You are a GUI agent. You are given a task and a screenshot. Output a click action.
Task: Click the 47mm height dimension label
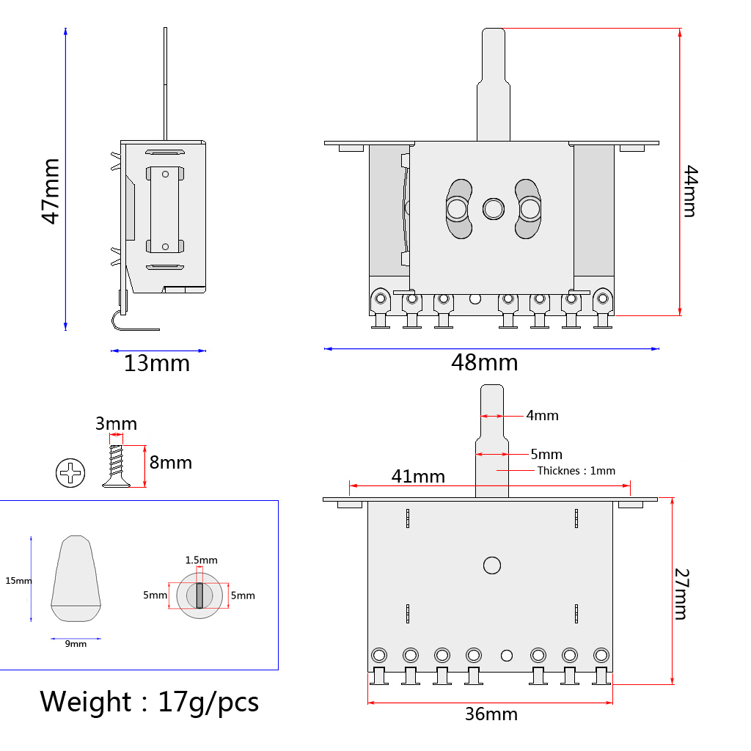[51, 191]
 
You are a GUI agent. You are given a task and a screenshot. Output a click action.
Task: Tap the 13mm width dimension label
[156, 363]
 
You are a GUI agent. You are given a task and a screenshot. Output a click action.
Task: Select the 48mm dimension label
[485, 362]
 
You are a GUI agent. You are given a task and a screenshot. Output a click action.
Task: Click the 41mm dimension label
[418, 476]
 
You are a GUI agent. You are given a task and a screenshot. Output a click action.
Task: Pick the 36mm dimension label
[491, 714]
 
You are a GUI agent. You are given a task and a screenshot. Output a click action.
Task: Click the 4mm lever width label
[542, 416]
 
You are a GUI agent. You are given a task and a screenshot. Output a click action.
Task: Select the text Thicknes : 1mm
[576, 471]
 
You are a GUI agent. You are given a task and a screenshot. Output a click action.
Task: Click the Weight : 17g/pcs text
[150, 702]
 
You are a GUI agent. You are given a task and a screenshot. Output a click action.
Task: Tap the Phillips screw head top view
[70, 473]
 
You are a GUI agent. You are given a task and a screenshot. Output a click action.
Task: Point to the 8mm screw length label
[171, 463]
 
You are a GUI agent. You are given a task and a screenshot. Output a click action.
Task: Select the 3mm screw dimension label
[116, 424]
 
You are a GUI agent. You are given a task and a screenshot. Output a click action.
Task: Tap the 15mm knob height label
[18, 581]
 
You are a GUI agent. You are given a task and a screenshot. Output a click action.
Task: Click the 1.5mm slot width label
[200, 560]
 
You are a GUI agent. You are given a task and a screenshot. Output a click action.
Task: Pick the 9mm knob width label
[76, 644]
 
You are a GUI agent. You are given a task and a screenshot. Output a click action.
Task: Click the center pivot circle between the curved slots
[493, 209]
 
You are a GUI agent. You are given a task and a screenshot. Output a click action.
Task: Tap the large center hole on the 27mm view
[491, 565]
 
